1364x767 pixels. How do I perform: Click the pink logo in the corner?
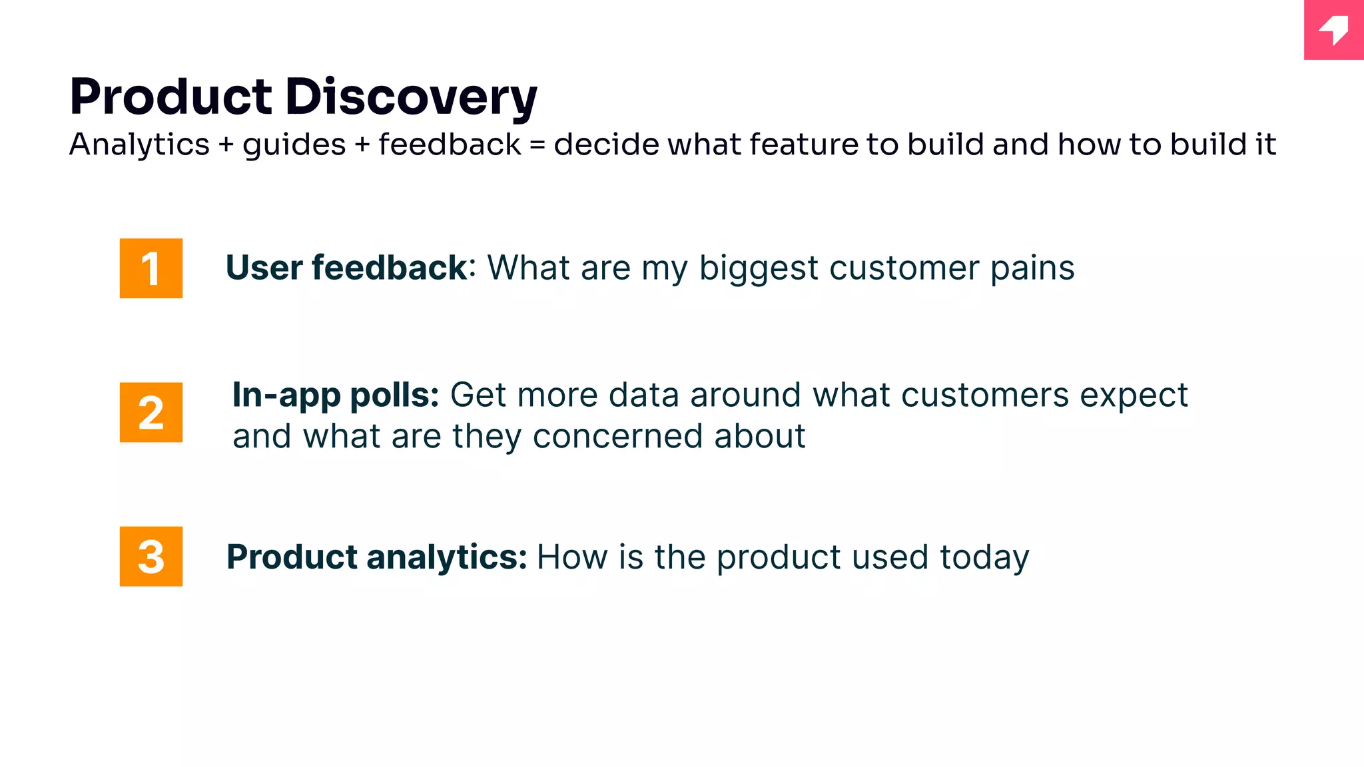point(1333,30)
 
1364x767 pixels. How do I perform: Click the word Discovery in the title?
point(411,97)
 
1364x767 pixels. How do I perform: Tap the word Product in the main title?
point(170,97)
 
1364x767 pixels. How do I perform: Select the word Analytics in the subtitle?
point(139,144)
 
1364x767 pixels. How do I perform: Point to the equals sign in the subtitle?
point(537,145)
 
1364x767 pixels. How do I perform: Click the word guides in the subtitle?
point(294,145)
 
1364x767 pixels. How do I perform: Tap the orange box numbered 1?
point(151,268)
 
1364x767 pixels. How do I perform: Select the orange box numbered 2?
point(151,412)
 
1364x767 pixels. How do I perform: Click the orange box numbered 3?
point(151,556)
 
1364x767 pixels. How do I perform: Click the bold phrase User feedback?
point(346,268)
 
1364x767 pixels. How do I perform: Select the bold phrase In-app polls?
point(335,395)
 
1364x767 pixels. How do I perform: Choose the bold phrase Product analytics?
point(376,557)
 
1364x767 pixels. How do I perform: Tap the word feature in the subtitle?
point(803,144)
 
